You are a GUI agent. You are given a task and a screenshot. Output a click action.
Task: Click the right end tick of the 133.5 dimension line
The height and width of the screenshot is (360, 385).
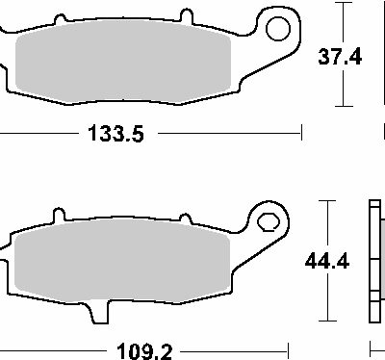[x=302, y=136]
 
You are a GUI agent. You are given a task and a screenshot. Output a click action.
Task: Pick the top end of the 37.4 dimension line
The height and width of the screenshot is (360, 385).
[x=341, y=4]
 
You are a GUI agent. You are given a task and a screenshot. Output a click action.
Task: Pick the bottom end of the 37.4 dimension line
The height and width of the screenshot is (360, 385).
[x=341, y=105]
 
